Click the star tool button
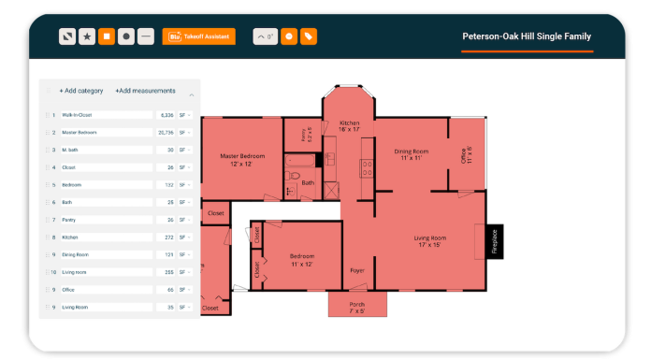click(87, 36)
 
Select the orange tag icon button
click(309, 36)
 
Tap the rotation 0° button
click(266, 36)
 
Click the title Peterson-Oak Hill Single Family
click(527, 36)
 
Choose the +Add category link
click(80, 91)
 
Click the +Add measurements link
click(145, 91)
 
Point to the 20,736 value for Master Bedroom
click(166, 133)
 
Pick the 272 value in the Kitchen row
click(168, 238)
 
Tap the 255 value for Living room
click(168, 272)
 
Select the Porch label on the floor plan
click(357, 306)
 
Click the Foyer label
click(357, 270)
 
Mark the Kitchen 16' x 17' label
click(349, 126)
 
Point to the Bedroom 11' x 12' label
click(302, 259)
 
